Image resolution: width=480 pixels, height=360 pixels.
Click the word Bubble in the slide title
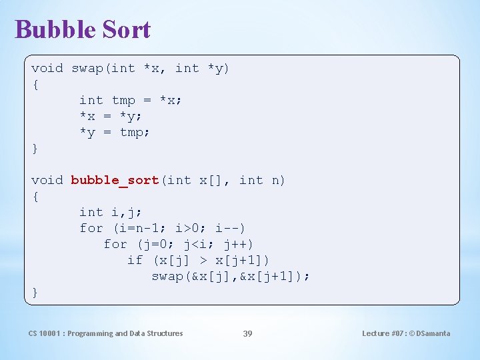click(x=53, y=29)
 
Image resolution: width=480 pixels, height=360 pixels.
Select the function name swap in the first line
click(x=87, y=68)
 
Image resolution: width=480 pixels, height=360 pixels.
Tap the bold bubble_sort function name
click(x=115, y=180)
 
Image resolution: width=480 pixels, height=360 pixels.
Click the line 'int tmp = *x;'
click(x=131, y=100)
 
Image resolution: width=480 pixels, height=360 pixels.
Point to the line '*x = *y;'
click(x=111, y=116)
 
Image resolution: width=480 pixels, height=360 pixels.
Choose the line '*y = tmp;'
click(x=115, y=132)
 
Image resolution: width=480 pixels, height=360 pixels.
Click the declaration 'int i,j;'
click(x=111, y=212)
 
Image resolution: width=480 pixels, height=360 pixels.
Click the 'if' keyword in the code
click(x=135, y=260)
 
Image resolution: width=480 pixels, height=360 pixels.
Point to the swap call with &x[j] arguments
click(x=231, y=276)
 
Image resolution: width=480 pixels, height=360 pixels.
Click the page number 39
click(x=247, y=333)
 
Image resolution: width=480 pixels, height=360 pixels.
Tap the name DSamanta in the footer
click(x=433, y=333)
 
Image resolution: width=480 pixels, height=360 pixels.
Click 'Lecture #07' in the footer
click(x=383, y=333)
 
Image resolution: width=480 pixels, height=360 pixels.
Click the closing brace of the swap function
click(x=35, y=148)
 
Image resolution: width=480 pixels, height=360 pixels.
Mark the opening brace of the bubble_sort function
click(x=35, y=196)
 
